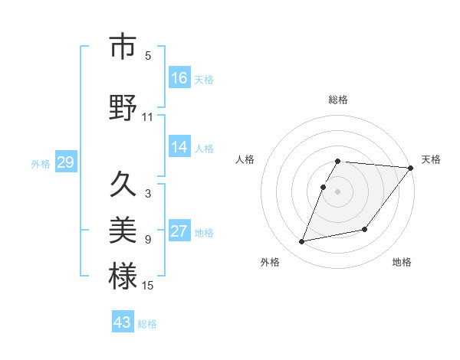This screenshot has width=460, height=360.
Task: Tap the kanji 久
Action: tap(123, 184)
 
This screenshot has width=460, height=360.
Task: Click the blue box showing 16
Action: tap(179, 78)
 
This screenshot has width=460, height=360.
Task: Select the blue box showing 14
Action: tap(179, 147)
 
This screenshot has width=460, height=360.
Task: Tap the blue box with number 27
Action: tap(179, 231)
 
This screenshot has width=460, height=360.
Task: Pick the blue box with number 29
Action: tap(65, 162)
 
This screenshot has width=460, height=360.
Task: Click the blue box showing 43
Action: tap(123, 322)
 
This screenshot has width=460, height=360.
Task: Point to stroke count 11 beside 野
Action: tap(147, 117)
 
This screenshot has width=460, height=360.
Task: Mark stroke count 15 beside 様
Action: tap(147, 286)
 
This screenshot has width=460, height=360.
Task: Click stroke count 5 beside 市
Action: tap(148, 56)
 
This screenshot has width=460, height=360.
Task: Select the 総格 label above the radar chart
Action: tap(338, 100)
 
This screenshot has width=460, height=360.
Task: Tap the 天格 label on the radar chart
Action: tap(431, 159)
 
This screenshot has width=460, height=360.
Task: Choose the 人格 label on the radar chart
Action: tap(245, 159)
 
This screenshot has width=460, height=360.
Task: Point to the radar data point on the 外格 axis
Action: tap(302, 241)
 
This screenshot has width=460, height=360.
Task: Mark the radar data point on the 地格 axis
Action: tap(365, 229)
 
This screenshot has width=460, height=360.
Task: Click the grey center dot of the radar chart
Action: tap(338, 191)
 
